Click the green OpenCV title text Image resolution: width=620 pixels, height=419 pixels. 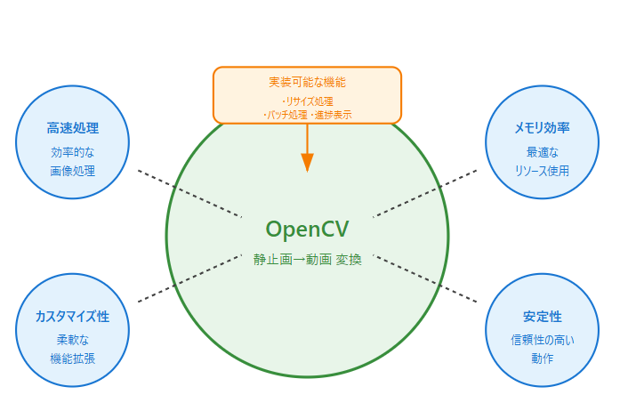(x=307, y=230)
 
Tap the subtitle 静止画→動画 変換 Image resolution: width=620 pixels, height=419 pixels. (x=307, y=260)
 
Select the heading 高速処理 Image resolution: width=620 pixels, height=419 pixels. (x=73, y=128)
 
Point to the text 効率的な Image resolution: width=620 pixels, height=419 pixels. (x=73, y=151)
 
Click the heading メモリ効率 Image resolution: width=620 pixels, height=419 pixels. (x=542, y=128)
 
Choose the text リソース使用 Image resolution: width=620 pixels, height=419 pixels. (x=542, y=170)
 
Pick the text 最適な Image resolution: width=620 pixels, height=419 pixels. (x=542, y=151)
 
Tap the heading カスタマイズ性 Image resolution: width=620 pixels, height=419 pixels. (x=73, y=317)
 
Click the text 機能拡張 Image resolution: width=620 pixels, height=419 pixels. (x=73, y=358)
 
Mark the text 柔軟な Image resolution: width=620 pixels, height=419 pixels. (x=73, y=339)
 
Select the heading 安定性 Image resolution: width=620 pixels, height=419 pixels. (x=542, y=317)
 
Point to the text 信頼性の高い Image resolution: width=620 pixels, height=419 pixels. (x=542, y=339)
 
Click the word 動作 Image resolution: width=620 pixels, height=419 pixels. (x=542, y=358)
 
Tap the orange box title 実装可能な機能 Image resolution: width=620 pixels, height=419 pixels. (x=307, y=82)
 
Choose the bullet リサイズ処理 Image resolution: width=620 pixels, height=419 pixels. (x=307, y=102)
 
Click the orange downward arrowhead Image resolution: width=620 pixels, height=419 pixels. (x=307, y=162)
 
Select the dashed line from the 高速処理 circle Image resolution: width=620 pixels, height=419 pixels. (x=189, y=193)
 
